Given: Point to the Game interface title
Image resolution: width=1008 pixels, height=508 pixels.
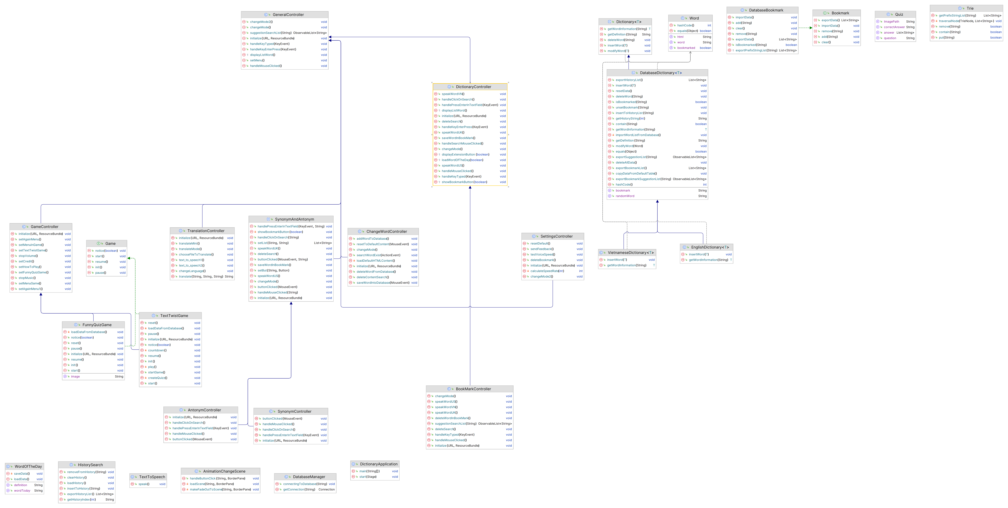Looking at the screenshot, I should [x=110, y=243].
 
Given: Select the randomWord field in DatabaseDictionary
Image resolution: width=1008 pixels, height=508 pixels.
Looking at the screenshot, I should [x=625, y=196].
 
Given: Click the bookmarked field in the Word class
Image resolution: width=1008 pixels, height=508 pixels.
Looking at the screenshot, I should [x=686, y=48].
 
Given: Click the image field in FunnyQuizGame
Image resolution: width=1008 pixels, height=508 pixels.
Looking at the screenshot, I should [x=75, y=376].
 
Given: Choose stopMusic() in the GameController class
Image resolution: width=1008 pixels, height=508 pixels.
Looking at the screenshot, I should [x=27, y=278].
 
